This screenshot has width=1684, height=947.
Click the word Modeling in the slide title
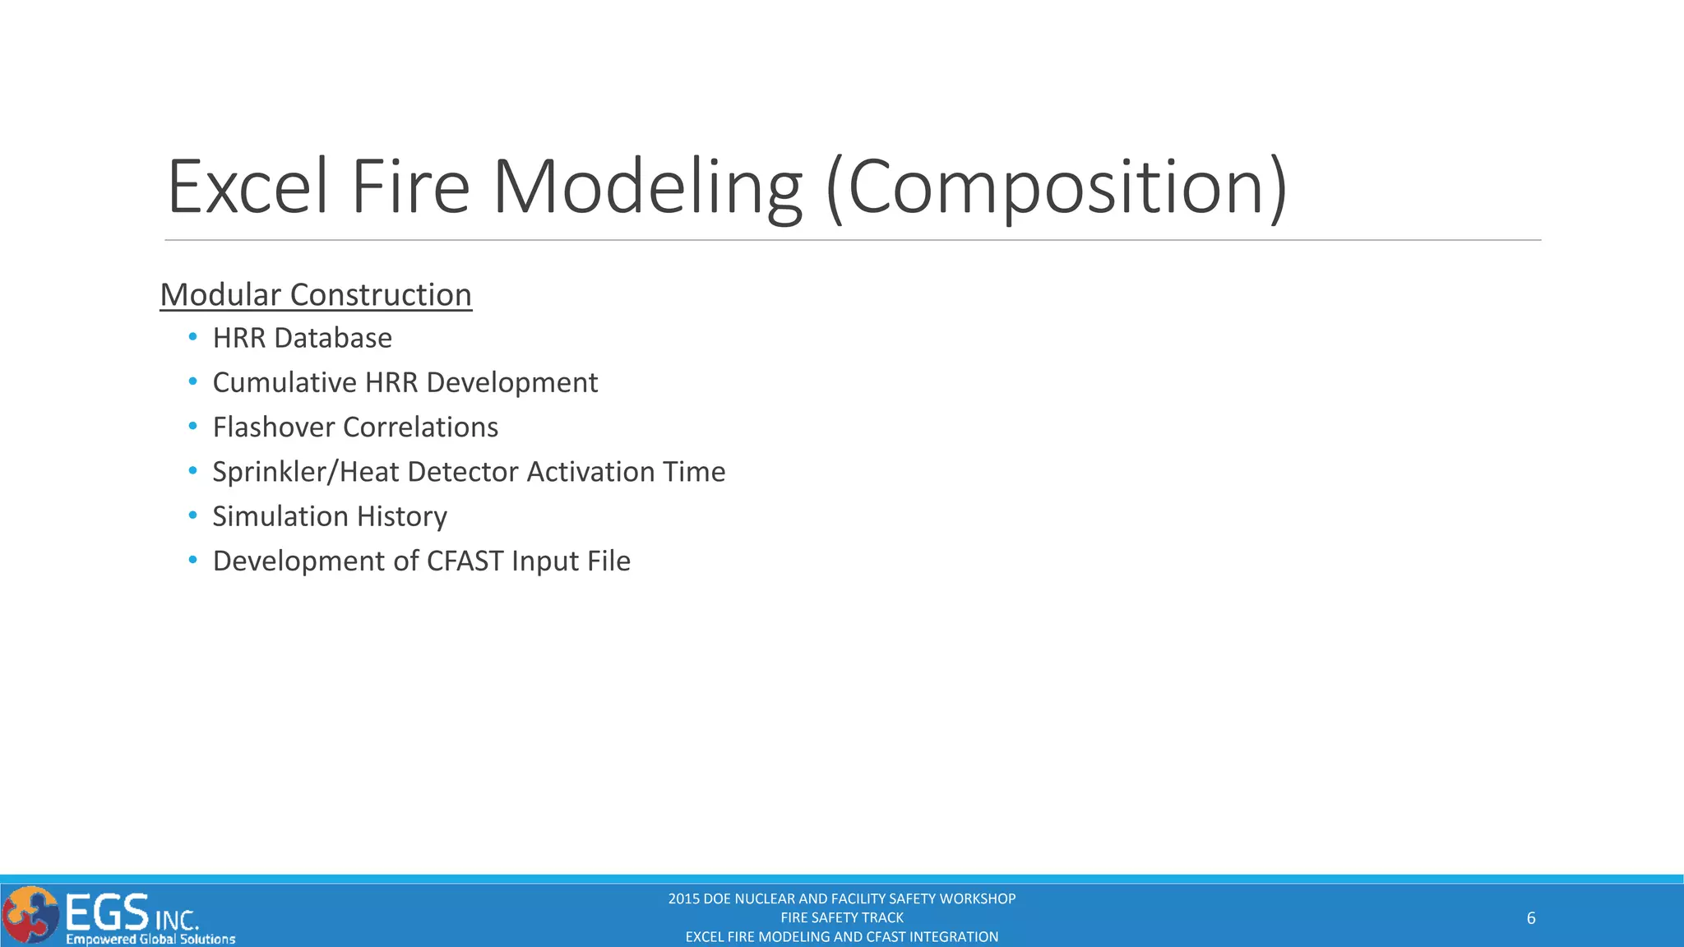[x=646, y=187]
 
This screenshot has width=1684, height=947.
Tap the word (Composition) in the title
[x=1057, y=187]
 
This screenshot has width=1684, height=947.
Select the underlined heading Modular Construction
[x=316, y=295]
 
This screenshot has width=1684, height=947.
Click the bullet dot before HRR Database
[x=192, y=337]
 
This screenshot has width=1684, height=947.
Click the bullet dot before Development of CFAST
[x=192, y=561]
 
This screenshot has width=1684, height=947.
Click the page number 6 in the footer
[x=1530, y=918]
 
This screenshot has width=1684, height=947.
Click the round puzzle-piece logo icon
[x=30, y=915]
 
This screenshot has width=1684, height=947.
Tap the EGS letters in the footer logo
[x=107, y=912]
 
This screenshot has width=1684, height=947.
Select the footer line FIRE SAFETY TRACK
[x=841, y=917]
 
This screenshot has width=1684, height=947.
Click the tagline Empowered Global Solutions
[x=150, y=939]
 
